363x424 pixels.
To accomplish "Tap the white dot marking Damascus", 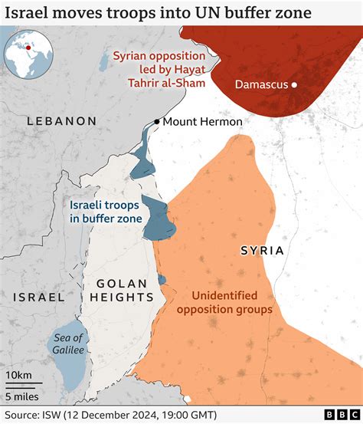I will click(295, 85).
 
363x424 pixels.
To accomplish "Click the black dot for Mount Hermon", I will click(156, 122).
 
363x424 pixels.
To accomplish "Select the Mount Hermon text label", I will click(203, 122).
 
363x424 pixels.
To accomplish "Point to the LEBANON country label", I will click(61, 121).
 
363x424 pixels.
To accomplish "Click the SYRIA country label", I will click(262, 251).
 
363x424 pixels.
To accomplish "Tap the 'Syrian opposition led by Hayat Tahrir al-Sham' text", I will click(159, 69).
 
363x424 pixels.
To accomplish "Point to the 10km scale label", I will click(19, 373).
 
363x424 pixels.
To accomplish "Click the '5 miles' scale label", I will click(23, 396).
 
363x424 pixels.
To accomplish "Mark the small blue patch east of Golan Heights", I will click(162, 280).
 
